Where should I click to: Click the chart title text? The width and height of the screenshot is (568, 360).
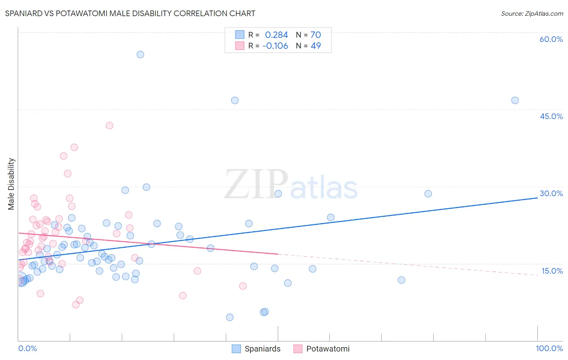pos(130,13)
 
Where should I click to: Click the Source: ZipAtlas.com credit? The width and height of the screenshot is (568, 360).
pos(532,13)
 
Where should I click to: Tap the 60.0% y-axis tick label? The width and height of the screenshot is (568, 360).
pos(551,39)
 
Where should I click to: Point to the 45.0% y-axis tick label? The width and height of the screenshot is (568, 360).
pos(551,116)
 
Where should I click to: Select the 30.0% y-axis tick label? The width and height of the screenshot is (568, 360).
pos(551,193)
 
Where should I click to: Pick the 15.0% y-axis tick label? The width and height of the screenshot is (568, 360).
pos(552,271)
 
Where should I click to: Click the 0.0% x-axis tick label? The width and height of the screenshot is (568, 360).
pos(27,348)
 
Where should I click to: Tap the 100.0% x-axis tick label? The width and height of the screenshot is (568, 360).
pos(549,348)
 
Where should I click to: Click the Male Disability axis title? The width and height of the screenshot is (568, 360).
pos(11,184)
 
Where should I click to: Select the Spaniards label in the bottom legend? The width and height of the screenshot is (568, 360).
pos(262,349)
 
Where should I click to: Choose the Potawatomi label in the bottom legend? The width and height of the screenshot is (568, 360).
pos(328,349)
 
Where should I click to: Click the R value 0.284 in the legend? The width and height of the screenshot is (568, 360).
pos(276,35)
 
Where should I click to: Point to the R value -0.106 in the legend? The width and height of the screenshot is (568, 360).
pos(275,46)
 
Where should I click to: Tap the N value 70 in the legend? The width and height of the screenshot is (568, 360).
pos(316,35)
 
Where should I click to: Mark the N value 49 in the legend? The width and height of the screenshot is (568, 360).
pos(316,46)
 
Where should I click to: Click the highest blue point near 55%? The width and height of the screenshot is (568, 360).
pos(140,54)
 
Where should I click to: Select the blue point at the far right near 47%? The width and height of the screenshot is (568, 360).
pos(515,100)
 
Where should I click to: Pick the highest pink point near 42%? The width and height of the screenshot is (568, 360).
pos(109,126)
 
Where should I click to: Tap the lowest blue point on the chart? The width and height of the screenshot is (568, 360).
pos(229,317)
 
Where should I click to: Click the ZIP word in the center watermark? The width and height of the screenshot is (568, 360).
pos(256,185)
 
